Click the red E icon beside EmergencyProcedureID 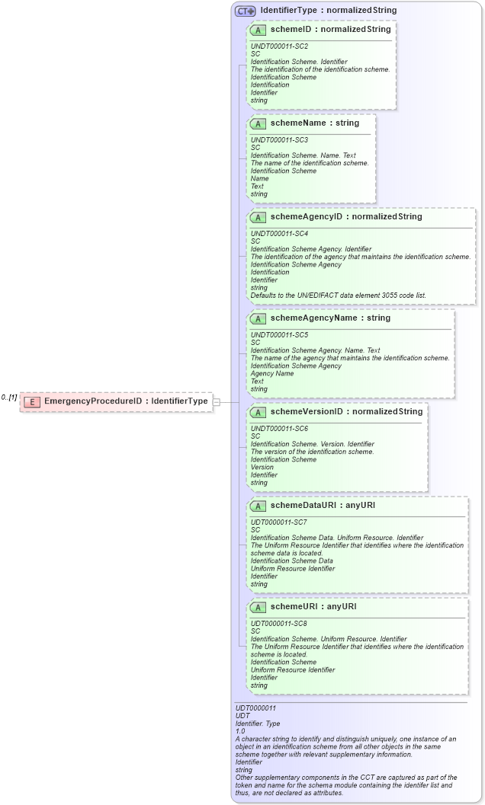32,401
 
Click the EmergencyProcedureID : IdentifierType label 126,401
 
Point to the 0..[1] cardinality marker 9,397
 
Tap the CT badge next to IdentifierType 245,11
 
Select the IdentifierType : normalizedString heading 328,11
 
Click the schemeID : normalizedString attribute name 330,29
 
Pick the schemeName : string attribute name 314,123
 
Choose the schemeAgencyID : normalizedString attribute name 345,216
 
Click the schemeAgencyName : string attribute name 330,318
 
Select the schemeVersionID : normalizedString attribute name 346,412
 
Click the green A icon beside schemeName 258,123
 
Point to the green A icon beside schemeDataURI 258,506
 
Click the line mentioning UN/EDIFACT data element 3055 338,295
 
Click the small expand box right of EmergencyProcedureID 217,401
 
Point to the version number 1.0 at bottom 240,731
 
